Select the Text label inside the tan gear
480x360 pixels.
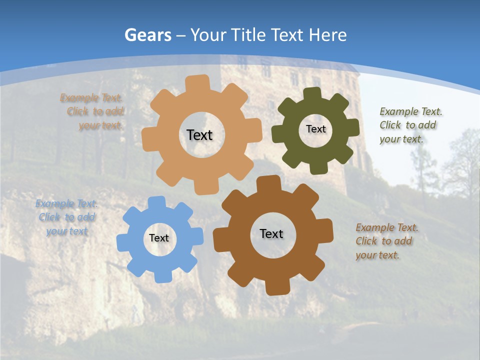click(x=199, y=135)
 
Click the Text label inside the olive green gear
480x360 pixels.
click(x=315, y=129)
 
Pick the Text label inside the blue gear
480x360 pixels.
click(x=159, y=238)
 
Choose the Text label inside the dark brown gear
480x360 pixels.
click(x=271, y=233)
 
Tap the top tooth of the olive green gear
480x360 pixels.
click(x=312, y=94)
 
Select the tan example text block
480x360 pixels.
click(x=92, y=111)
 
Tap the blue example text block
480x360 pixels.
click(x=67, y=217)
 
